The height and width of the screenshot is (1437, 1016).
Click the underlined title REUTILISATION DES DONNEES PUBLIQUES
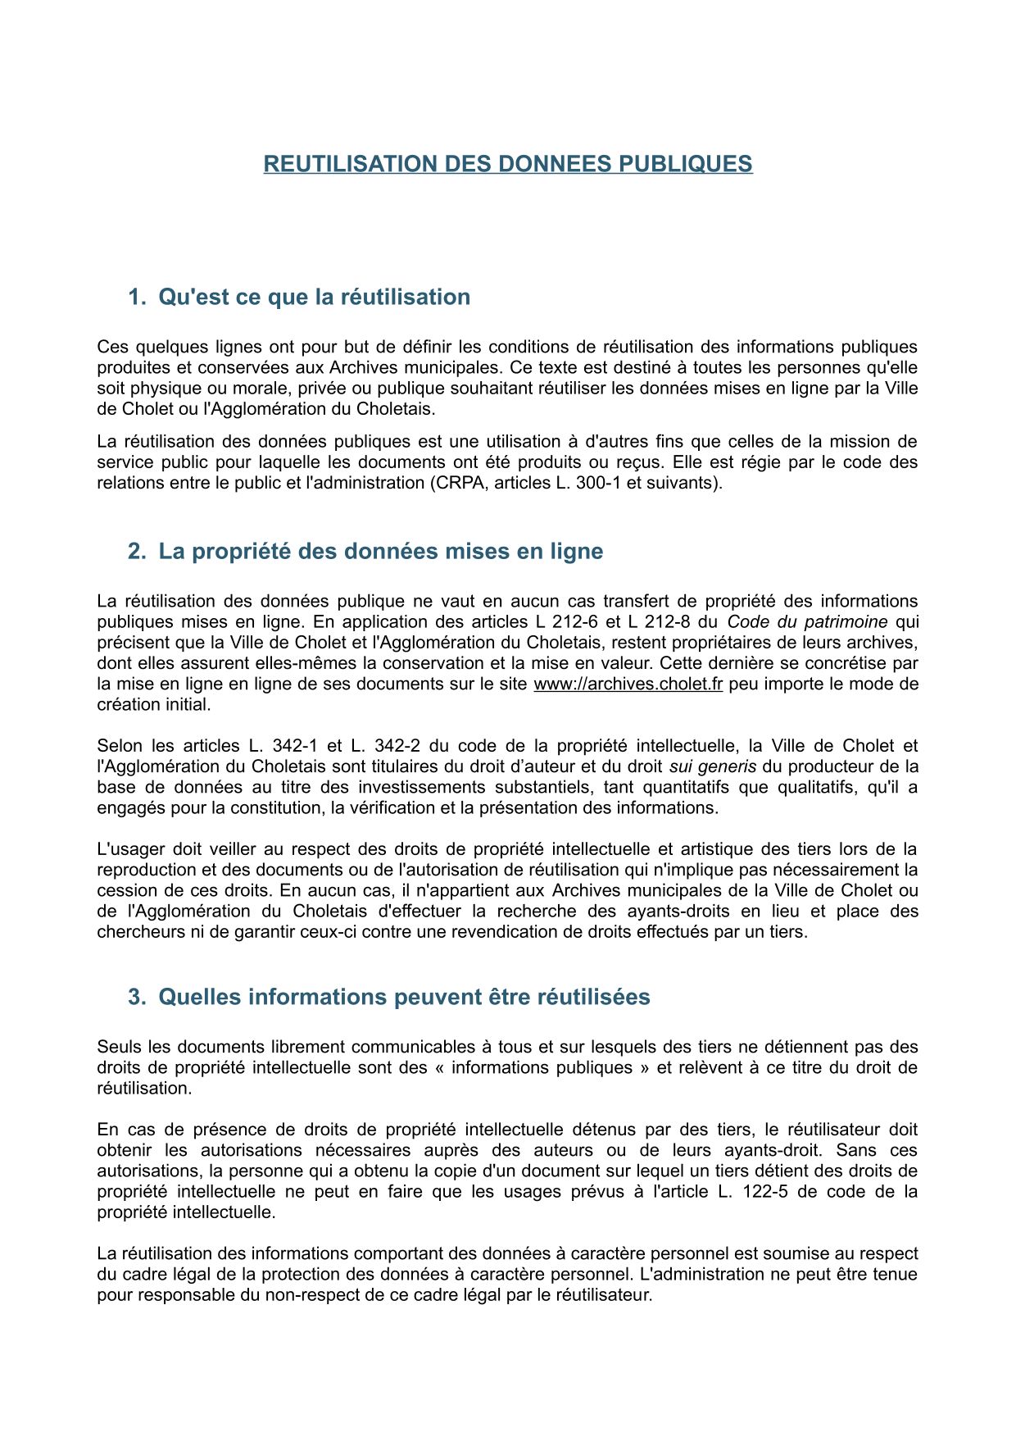click(x=507, y=164)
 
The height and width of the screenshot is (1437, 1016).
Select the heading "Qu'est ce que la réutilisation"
click(x=314, y=297)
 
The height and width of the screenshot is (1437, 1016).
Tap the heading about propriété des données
click(x=380, y=551)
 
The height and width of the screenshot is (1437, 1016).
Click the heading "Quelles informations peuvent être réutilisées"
click(x=404, y=997)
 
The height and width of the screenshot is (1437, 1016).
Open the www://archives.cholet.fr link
click(x=628, y=684)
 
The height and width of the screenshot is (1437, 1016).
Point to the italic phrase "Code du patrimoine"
click(x=807, y=621)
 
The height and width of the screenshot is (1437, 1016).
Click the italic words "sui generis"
click(x=713, y=766)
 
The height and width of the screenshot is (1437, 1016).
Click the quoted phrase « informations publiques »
click(x=542, y=1067)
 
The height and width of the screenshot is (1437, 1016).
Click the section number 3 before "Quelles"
click(x=136, y=997)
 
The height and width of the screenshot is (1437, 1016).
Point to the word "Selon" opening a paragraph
click(x=120, y=746)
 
